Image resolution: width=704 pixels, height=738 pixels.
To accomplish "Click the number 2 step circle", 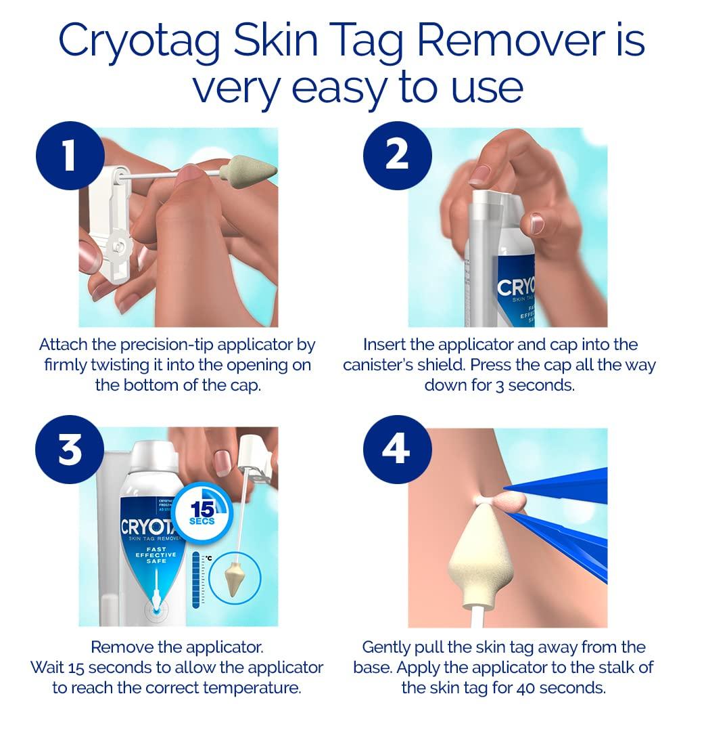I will click(396, 154).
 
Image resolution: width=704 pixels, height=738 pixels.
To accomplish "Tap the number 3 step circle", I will click(69, 450).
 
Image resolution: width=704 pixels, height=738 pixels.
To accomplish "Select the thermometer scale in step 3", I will click(197, 580).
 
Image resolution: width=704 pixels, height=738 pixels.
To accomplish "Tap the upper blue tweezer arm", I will click(561, 486).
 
